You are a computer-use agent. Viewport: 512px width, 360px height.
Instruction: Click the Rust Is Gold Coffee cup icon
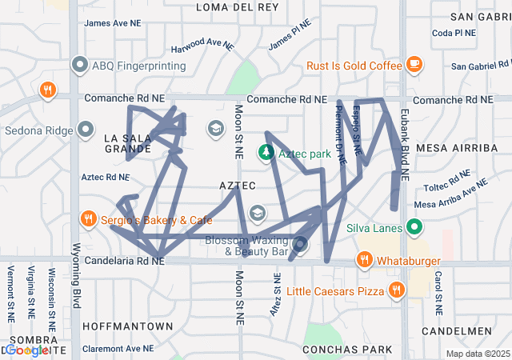[x=414, y=63]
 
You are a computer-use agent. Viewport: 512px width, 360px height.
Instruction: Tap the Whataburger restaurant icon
[x=364, y=259]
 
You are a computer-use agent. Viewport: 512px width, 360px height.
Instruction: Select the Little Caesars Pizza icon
[x=394, y=290]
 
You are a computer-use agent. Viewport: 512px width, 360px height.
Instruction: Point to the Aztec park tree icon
[x=266, y=152]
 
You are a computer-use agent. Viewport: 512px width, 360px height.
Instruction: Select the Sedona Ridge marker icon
[x=86, y=130]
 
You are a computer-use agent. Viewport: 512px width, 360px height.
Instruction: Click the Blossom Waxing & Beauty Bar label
[x=256, y=246]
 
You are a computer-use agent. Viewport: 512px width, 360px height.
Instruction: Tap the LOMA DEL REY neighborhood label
[x=238, y=6]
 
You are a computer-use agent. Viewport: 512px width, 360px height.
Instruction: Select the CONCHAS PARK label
[x=347, y=349]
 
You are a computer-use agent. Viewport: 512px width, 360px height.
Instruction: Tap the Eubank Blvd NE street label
[x=405, y=134]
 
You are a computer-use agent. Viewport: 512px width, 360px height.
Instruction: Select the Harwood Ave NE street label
[x=202, y=45]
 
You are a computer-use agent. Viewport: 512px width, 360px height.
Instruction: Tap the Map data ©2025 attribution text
[x=477, y=354]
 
